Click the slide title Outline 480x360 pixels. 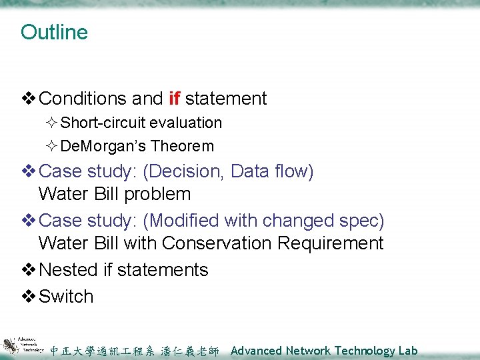(x=54, y=32)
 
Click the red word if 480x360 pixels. (x=175, y=99)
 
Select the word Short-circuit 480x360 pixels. (x=103, y=123)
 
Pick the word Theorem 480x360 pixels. (x=182, y=146)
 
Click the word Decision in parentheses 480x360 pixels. (x=183, y=171)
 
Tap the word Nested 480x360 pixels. (x=69, y=270)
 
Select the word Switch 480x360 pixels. (x=66, y=296)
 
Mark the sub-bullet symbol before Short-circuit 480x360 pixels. (x=53, y=123)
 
